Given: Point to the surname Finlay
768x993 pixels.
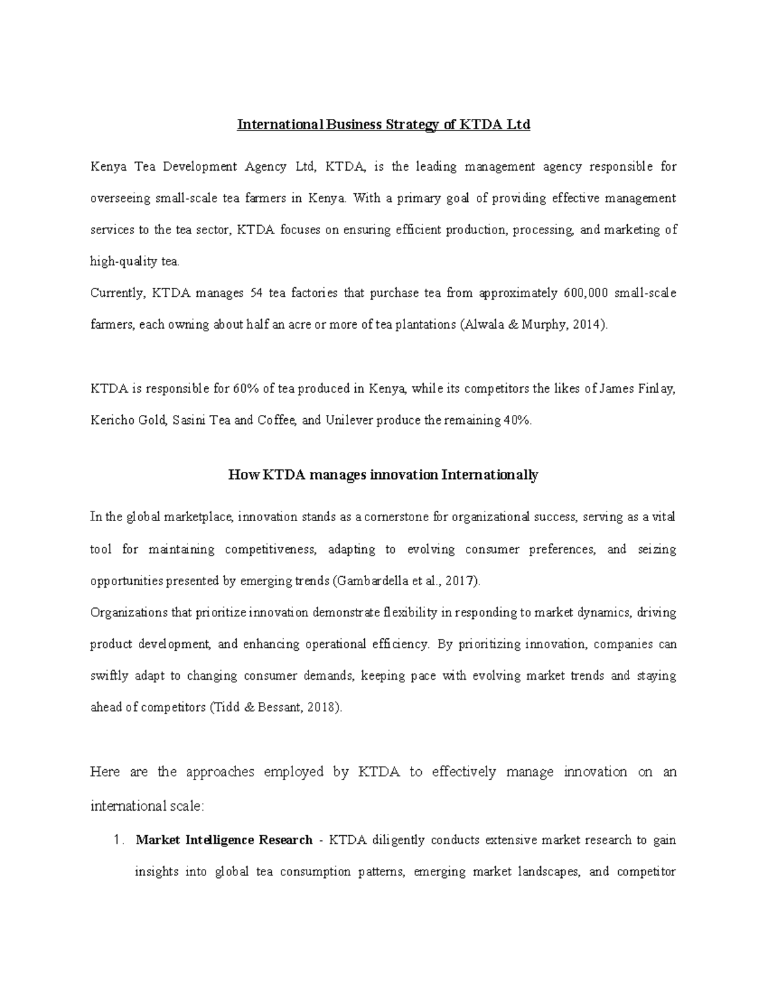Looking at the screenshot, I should click(656, 389).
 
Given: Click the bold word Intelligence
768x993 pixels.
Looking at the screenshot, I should click(220, 840).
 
